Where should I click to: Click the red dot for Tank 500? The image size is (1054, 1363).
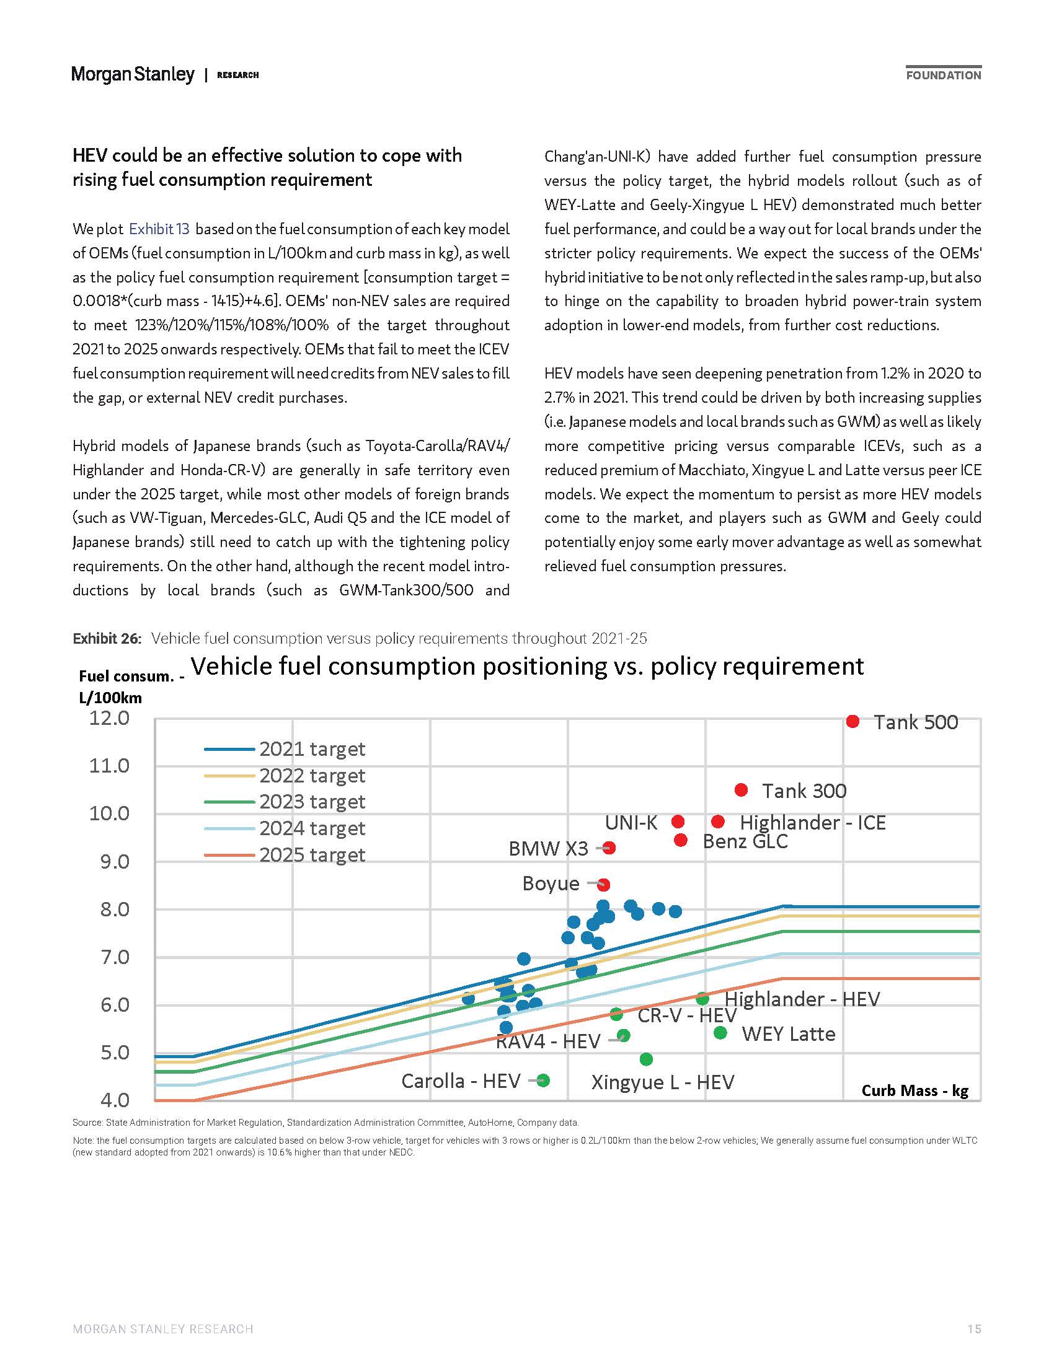tap(852, 721)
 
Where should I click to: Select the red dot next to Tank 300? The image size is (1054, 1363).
tap(741, 790)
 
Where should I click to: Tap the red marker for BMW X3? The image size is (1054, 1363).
tap(609, 848)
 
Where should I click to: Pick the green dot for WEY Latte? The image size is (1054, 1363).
tap(720, 1033)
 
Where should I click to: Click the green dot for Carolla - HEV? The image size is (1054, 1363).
tap(543, 1080)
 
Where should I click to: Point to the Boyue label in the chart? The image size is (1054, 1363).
tap(551, 883)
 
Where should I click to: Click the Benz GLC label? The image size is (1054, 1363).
tap(745, 841)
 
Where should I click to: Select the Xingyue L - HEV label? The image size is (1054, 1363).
tap(663, 1082)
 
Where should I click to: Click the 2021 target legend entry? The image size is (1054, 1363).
tap(285, 748)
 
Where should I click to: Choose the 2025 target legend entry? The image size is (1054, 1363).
tap(285, 854)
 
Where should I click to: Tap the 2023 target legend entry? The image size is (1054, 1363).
tap(285, 801)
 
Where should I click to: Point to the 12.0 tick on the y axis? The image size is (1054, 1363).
tap(109, 717)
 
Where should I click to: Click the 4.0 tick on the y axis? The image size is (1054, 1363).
tap(115, 1100)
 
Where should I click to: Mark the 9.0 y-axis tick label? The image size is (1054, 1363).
tap(115, 861)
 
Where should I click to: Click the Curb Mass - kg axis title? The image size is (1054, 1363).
tap(914, 1090)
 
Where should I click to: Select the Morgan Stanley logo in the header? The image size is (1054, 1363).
tap(133, 74)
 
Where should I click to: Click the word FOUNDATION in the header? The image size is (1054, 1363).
tap(944, 76)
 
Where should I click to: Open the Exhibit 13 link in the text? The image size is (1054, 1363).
tap(159, 229)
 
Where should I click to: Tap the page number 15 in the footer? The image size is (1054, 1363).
tap(974, 1329)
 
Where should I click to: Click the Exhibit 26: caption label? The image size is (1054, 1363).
tap(107, 638)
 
